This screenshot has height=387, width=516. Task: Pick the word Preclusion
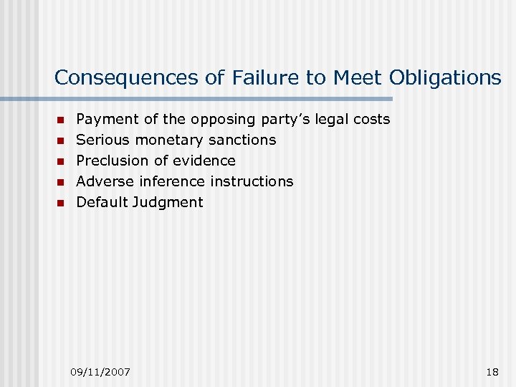click(110, 161)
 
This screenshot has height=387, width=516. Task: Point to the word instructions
click(252, 181)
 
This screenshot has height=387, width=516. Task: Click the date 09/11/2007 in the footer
click(100, 371)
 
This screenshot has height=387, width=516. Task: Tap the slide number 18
click(492, 371)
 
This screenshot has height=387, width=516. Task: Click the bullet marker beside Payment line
click(61, 120)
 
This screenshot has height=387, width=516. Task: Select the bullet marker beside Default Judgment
click(61, 203)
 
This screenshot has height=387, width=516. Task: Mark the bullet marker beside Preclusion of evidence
click(61, 161)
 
